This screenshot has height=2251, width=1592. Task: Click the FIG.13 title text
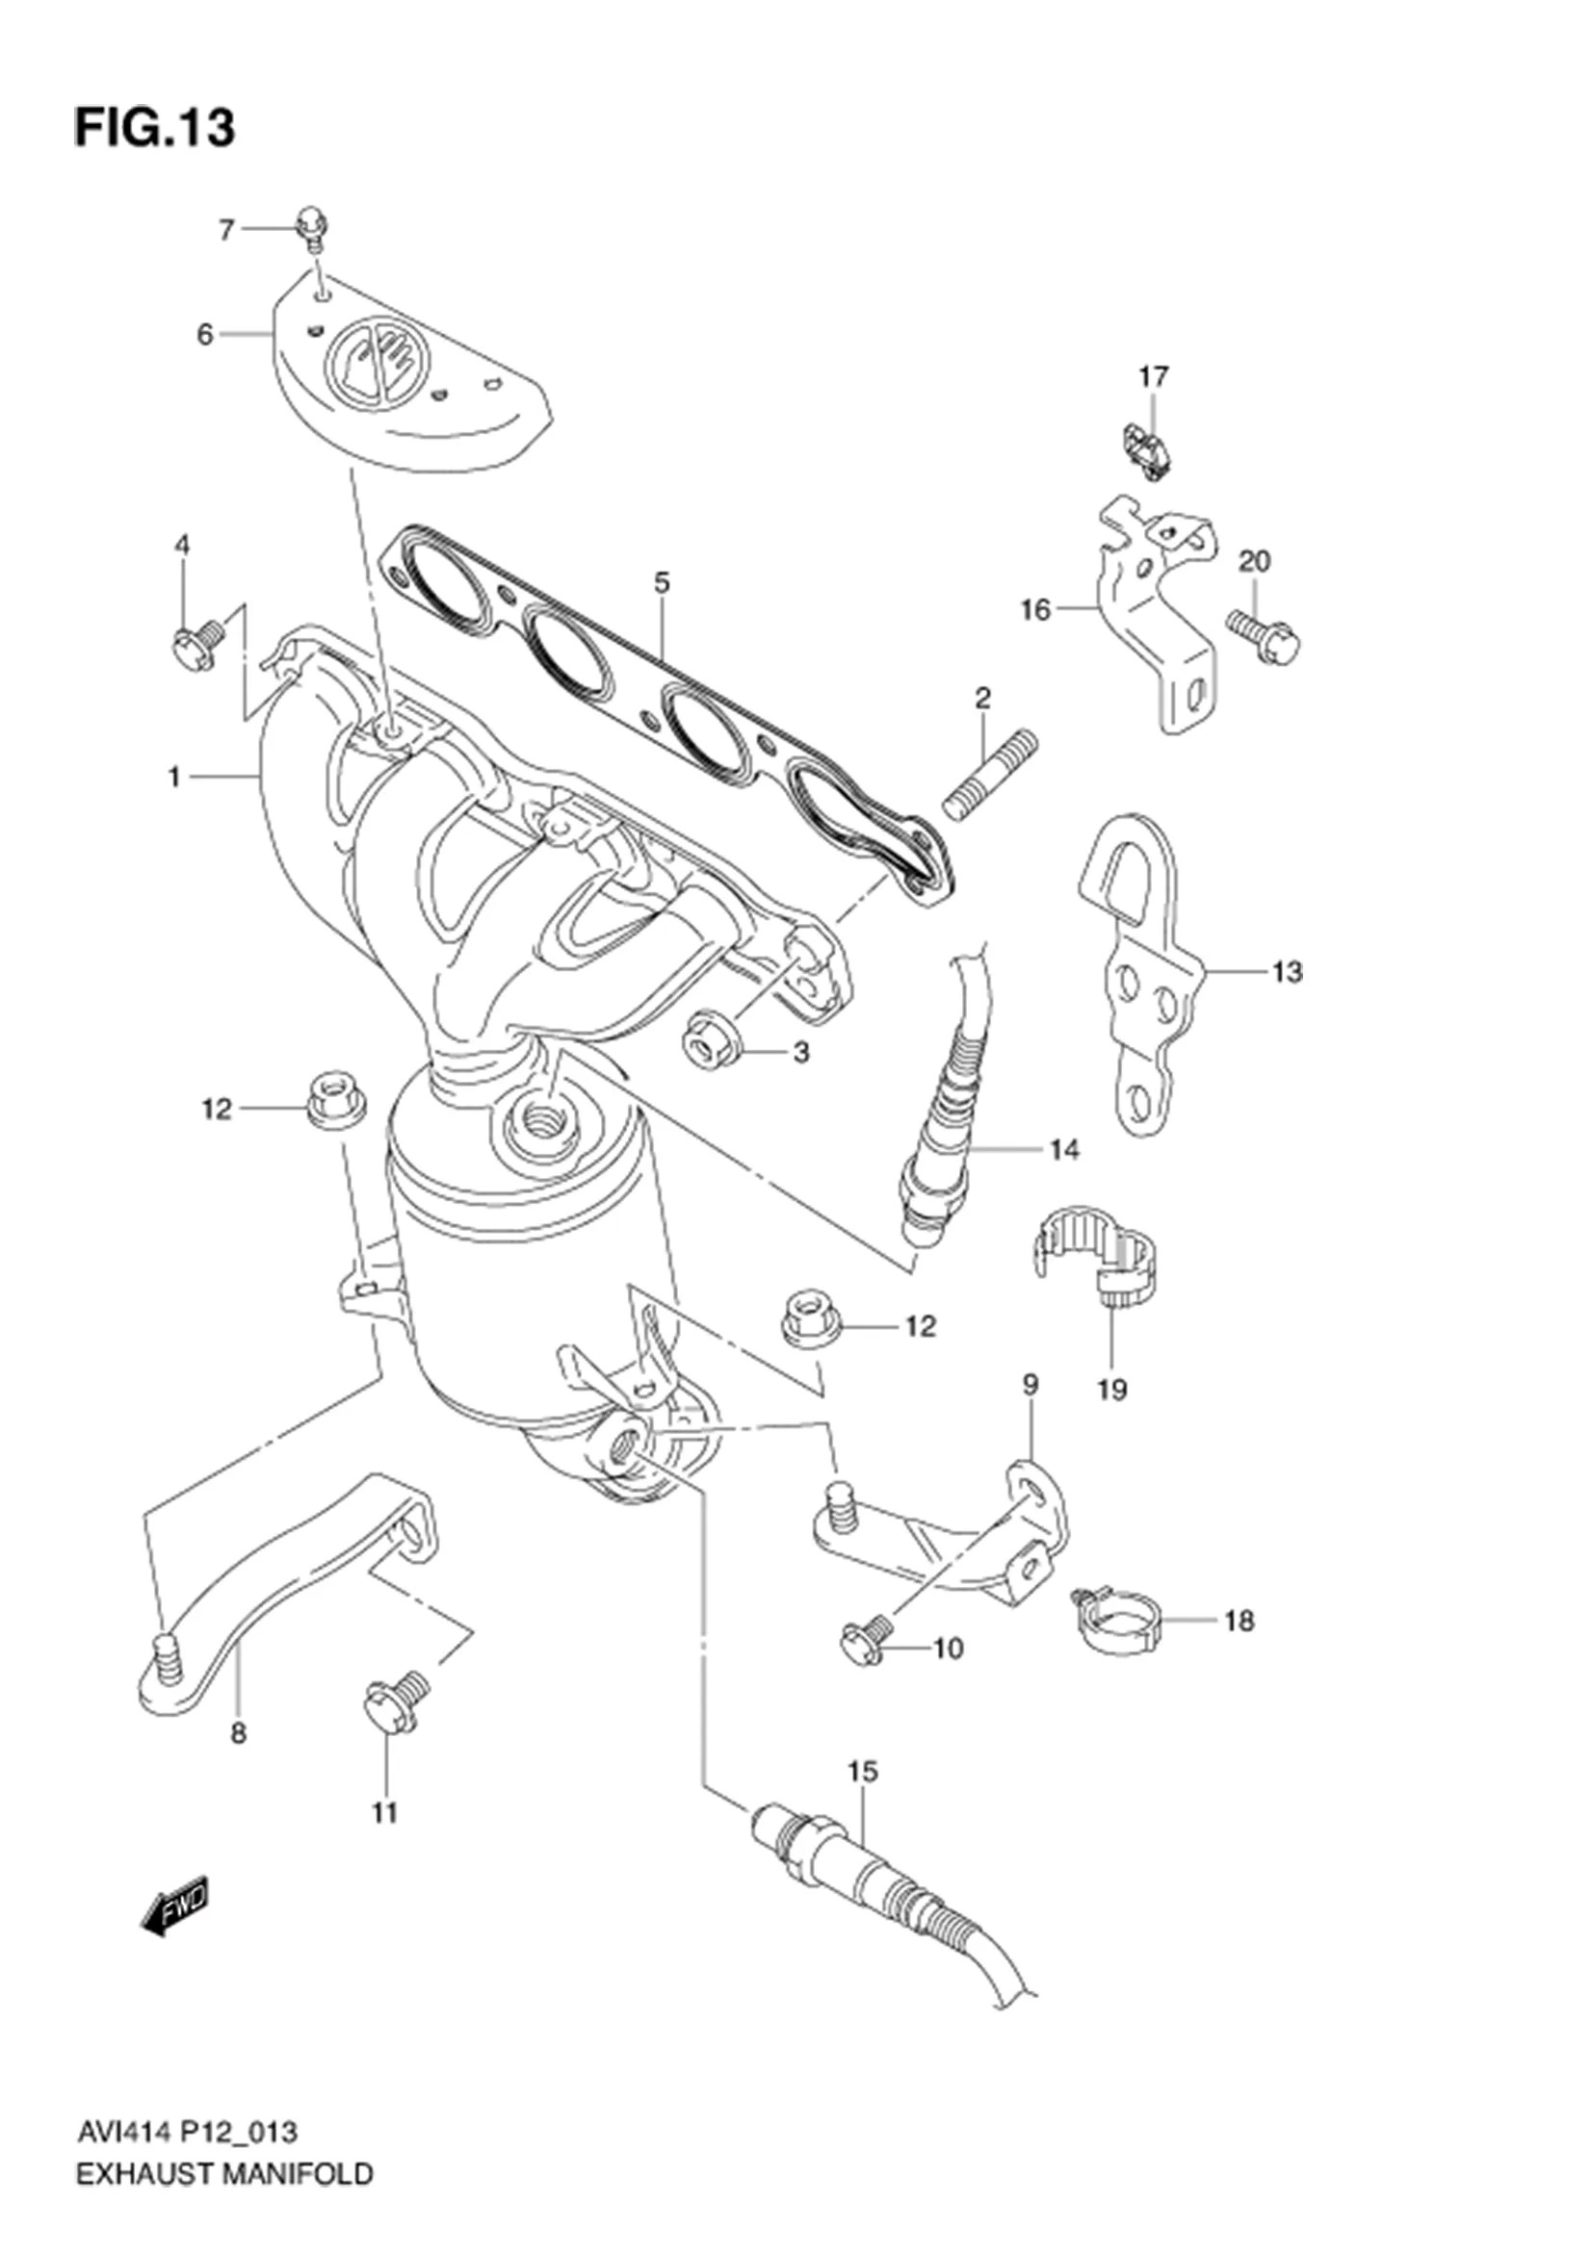coord(155,128)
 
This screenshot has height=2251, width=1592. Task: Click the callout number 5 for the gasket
coord(662,582)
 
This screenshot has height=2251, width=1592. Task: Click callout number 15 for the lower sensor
coord(862,1772)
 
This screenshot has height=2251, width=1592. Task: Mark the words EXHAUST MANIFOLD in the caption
coord(223,2220)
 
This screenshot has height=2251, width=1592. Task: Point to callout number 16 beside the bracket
coord(1035,610)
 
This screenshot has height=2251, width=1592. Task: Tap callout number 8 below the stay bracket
coord(238,1733)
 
